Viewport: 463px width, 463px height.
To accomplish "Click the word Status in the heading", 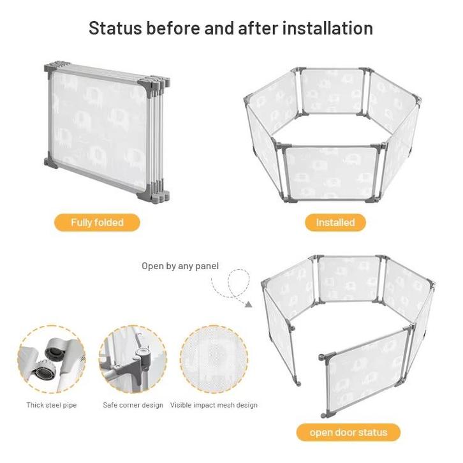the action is pos(115,28).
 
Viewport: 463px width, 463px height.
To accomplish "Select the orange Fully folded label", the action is pos(97,223).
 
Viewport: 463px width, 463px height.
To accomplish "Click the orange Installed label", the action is pos(335,223).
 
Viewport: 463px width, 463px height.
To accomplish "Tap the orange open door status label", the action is pos(348,432).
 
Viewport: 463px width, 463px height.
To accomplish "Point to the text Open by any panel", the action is pos(180,266).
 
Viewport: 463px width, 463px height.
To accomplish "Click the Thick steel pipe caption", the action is pos(52,405).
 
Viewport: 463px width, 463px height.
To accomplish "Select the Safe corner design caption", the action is pos(133,405).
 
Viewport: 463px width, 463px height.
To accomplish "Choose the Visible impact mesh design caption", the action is pos(214,405).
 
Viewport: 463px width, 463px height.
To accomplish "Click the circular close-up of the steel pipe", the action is pos(52,359).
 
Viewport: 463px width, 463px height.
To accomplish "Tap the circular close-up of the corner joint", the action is pos(133,359).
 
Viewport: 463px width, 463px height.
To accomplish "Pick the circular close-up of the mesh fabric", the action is pos(214,359).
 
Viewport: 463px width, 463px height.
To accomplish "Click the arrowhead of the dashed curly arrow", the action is pos(249,304).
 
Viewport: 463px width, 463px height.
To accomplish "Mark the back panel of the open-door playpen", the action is pos(349,279).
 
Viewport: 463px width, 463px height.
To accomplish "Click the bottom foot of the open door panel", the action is pos(325,415).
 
